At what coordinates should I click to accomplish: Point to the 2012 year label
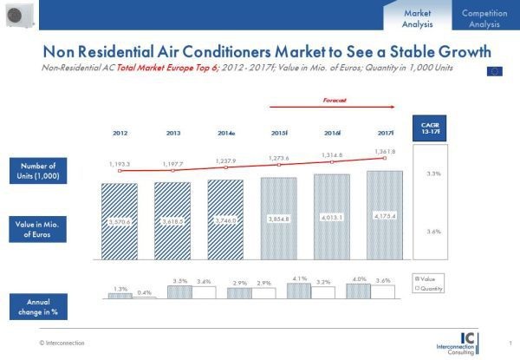[x=120, y=134]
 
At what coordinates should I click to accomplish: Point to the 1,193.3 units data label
[x=120, y=162]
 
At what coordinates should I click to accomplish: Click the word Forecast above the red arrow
[x=335, y=101]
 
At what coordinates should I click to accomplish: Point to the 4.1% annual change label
[x=300, y=278]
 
